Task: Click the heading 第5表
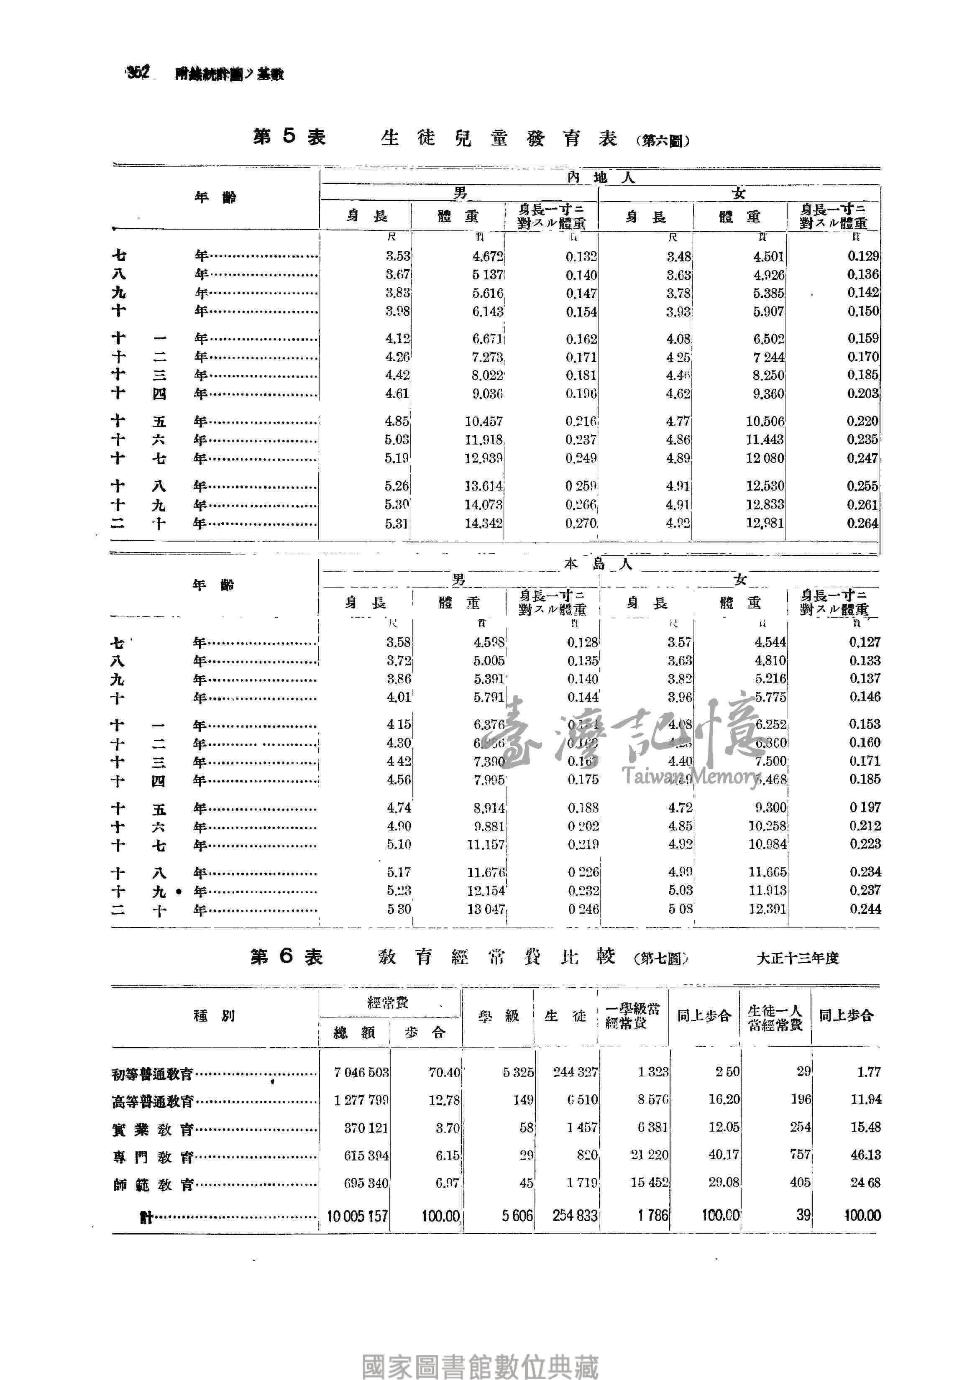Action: click(289, 137)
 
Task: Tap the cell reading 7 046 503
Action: click(361, 1072)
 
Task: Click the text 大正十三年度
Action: click(797, 958)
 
